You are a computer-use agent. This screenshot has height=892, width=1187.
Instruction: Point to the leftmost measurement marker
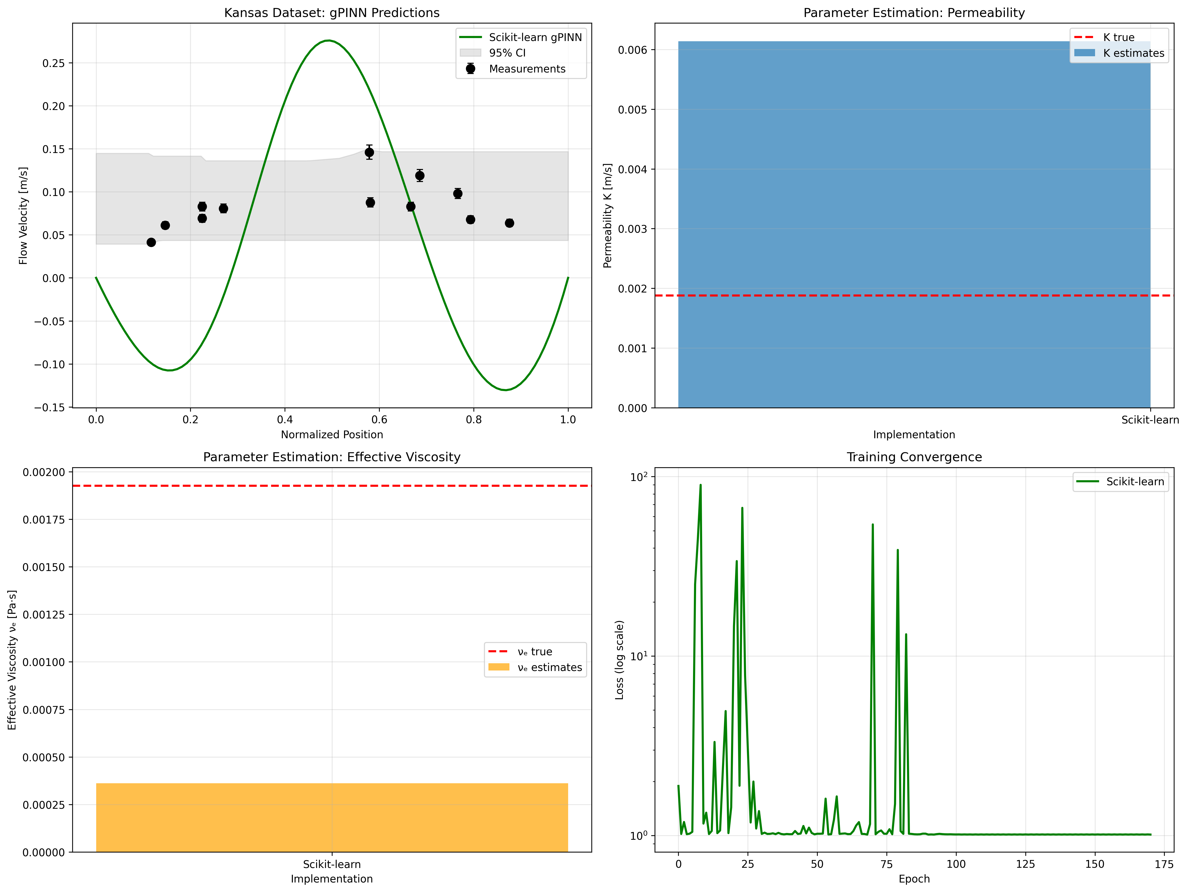click(x=151, y=242)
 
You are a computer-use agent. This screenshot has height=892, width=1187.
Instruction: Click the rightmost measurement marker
click(x=509, y=223)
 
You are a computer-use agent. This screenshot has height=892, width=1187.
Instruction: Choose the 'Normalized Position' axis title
click(x=332, y=434)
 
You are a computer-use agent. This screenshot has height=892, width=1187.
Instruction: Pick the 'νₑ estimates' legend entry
click(x=548, y=667)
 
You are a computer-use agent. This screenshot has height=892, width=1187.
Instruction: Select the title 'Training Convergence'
click(x=914, y=457)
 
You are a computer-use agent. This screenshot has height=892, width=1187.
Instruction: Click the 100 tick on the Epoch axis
click(x=956, y=864)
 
